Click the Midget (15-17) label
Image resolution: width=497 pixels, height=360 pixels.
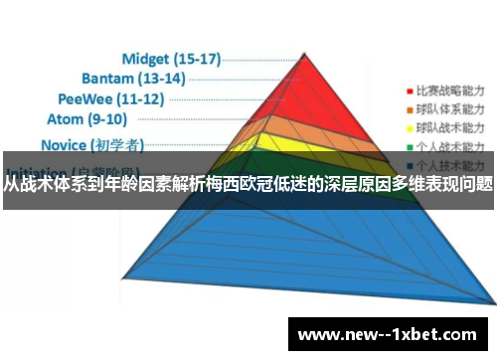point(170,58)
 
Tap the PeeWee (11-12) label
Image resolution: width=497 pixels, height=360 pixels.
point(111,98)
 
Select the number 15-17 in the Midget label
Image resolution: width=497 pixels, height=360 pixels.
point(194,58)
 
